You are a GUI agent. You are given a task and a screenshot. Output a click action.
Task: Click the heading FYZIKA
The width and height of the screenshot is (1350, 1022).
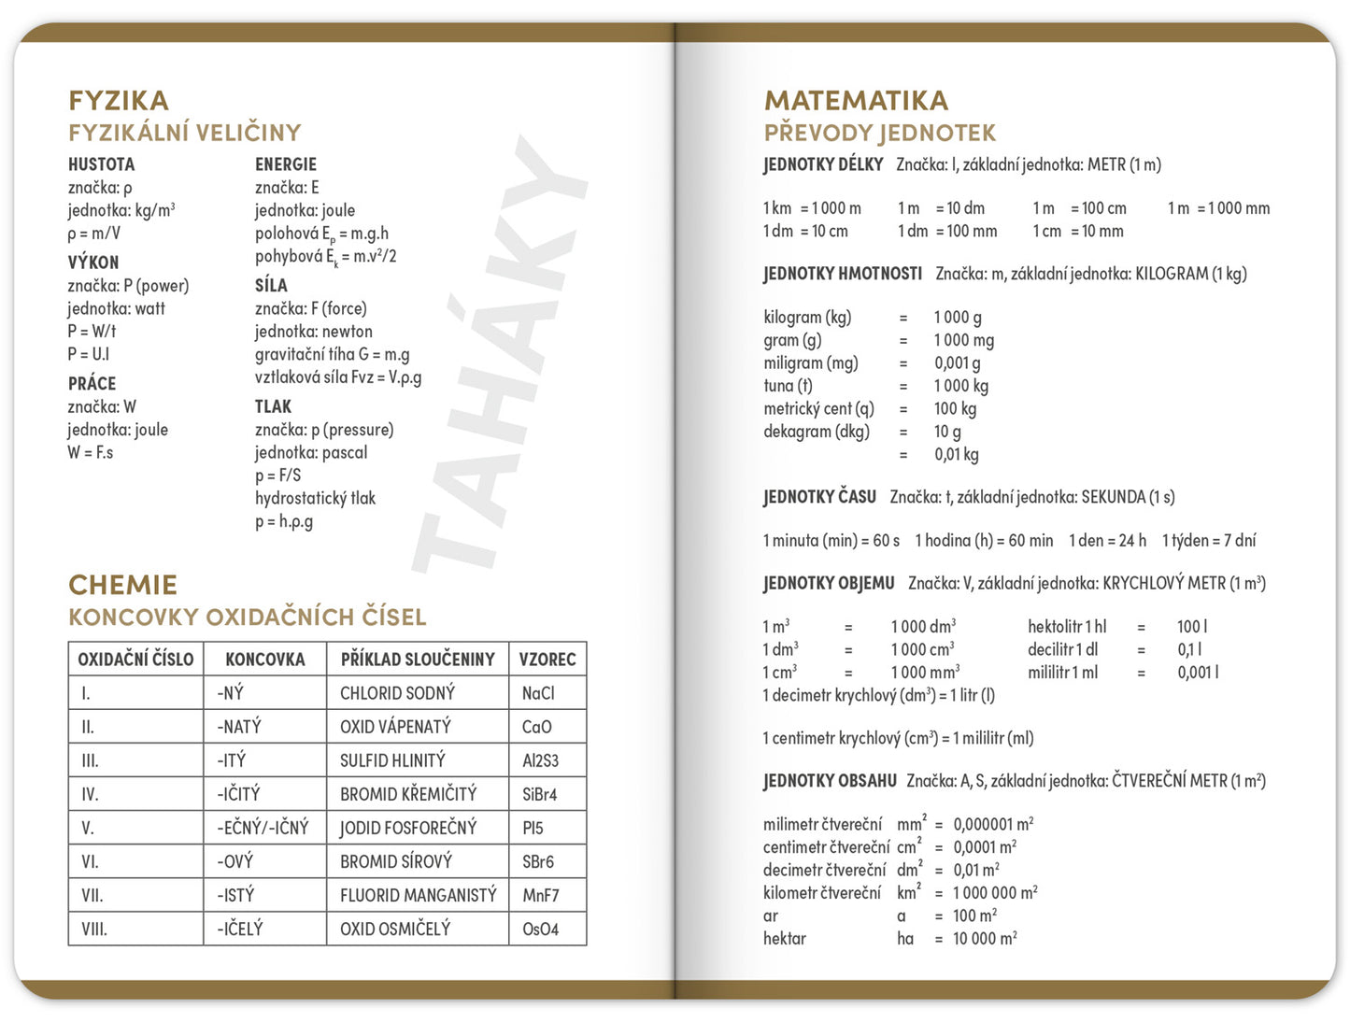click(119, 100)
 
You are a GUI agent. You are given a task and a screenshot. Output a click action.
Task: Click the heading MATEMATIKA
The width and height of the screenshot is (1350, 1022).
click(856, 100)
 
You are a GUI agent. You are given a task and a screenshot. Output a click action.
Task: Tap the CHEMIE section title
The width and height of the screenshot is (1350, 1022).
click(122, 585)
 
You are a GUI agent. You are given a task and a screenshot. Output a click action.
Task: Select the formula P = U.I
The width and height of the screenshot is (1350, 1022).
click(89, 354)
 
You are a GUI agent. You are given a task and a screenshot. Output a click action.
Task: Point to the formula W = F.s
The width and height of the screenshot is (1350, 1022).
click(91, 452)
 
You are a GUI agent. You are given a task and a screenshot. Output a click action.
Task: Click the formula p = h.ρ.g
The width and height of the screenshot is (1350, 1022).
click(284, 521)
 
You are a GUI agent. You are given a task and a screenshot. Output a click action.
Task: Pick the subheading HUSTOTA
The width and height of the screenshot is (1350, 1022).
click(101, 164)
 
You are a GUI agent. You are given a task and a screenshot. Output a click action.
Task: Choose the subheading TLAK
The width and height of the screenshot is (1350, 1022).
click(273, 406)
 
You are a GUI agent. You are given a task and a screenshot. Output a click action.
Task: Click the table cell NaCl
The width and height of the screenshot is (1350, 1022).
click(538, 693)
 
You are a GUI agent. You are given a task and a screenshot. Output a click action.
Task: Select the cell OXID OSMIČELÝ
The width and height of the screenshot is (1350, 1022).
click(395, 929)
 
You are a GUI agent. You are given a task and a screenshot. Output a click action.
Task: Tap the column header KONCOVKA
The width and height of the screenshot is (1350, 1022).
click(265, 660)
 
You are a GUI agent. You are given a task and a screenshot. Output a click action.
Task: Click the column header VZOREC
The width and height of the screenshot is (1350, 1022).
click(547, 660)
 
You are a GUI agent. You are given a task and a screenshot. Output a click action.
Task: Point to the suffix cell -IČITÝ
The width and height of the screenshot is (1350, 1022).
click(238, 794)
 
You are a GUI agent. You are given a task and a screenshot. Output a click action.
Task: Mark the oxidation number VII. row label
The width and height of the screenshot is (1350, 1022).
click(92, 895)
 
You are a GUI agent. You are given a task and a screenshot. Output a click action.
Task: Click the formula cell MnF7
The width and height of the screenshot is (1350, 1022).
click(541, 895)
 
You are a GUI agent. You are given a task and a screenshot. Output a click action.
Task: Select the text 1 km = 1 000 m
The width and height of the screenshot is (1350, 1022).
click(812, 208)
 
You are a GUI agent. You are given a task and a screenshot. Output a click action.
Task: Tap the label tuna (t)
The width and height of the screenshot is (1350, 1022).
click(788, 386)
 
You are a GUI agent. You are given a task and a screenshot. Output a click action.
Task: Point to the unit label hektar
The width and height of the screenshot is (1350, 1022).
click(784, 938)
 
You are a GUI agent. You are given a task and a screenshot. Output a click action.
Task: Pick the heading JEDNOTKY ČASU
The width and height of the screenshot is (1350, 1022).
click(819, 497)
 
